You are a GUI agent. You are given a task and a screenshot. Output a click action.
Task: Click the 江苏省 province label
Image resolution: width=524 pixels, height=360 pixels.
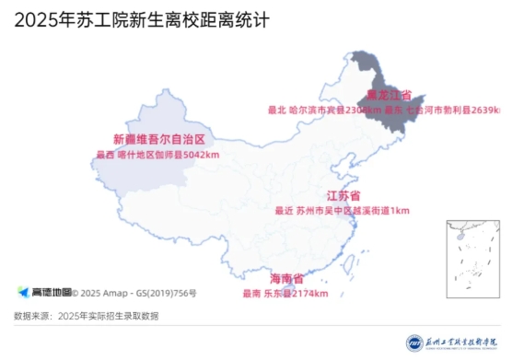click(x=343, y=196)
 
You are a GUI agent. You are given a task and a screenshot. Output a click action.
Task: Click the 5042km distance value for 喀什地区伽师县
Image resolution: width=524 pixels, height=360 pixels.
click(x=202, y=155)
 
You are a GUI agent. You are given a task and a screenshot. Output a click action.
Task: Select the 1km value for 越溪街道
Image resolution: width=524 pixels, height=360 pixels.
click(x=400, y=210)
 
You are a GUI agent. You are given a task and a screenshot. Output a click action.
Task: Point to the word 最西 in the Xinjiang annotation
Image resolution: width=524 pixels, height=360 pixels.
click(x=105, y=155)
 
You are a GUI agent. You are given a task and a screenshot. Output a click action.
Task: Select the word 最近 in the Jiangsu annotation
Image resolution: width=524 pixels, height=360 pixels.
click(x=283, y=210)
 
